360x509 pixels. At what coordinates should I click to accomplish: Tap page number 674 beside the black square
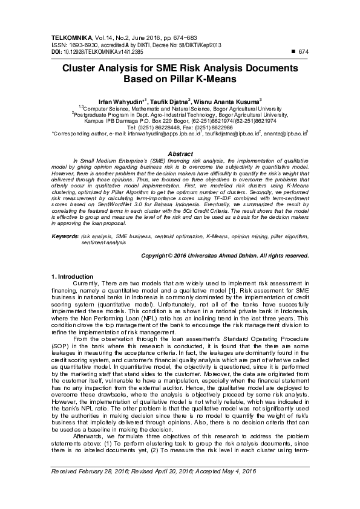(304, 52)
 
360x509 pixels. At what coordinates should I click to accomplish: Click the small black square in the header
(294, 52)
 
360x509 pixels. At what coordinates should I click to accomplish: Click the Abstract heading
(180, 154)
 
